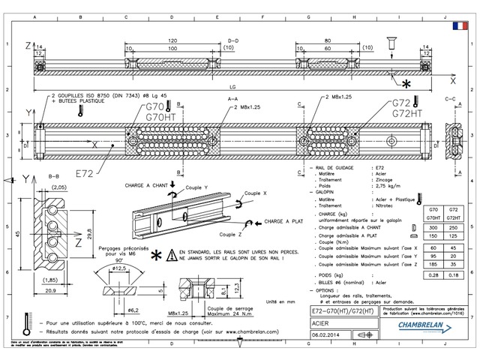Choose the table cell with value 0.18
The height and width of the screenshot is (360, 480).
click(x=453, y=276)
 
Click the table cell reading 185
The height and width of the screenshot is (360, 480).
click(x=431, y=263)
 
